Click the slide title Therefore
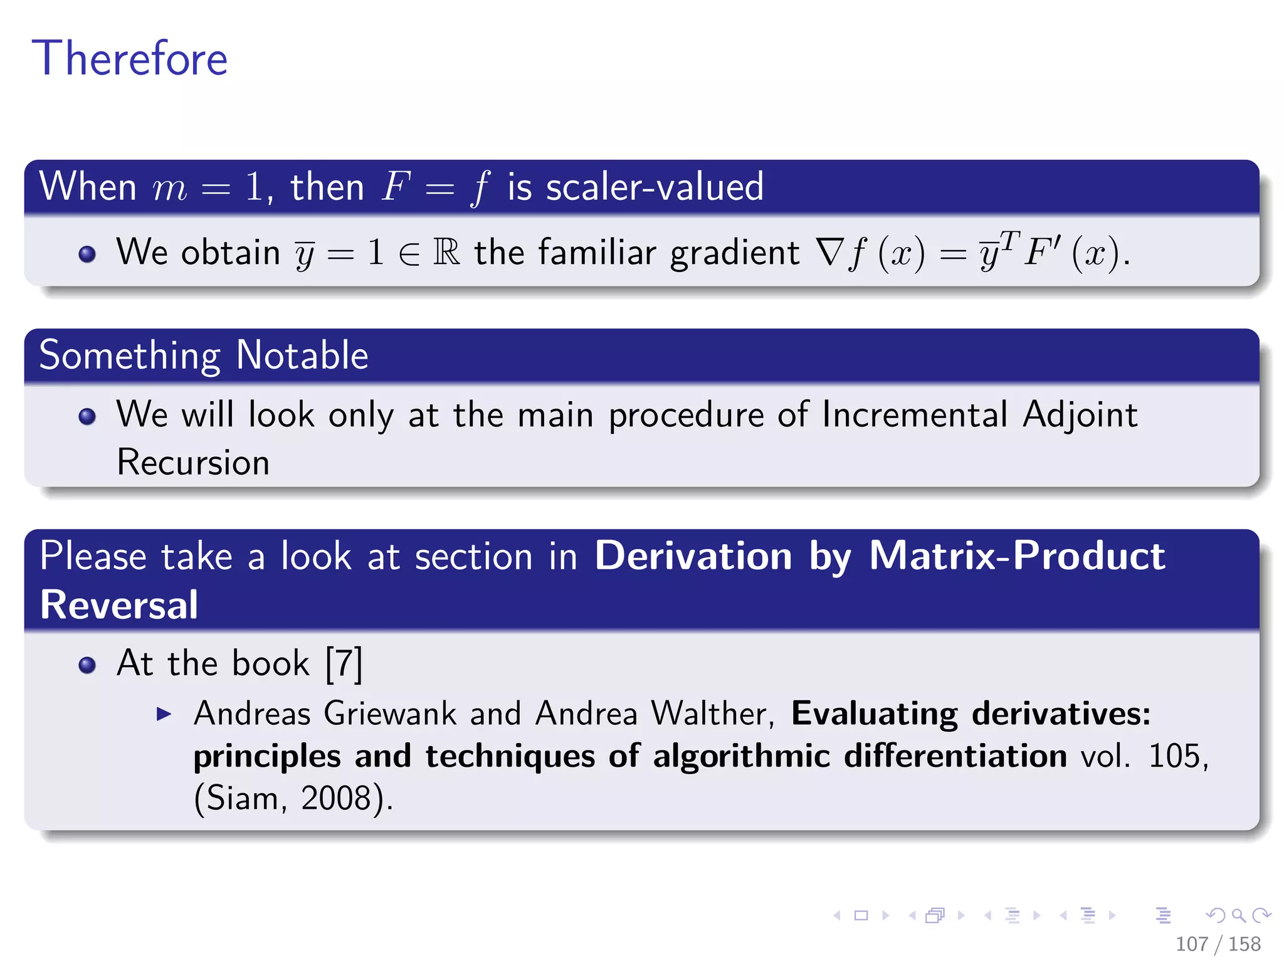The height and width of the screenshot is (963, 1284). (x=130, y=58)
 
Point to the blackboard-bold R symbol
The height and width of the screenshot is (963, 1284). (x=446, y=253)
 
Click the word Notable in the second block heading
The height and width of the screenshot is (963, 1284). (x=302, y=355)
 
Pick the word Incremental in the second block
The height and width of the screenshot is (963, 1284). (x=915, y=415)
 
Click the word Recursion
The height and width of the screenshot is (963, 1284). (x=193, y=463)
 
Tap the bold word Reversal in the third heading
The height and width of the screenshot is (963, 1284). (x=119, y=605)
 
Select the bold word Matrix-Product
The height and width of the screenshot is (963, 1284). (x=1017, y=556)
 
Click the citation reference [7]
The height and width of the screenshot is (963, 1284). (x=344, y=663)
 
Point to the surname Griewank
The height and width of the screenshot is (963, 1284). (x=390, y=713)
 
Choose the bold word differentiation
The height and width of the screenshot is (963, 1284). (x=955, y=756)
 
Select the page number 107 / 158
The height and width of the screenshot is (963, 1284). (x=1218, y=944)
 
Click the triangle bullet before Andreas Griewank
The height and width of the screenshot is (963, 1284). (x=164, y=714)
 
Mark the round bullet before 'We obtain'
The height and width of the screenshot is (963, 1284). (x=87, y=254)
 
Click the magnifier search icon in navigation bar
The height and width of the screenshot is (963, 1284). (x=1238, y=915)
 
